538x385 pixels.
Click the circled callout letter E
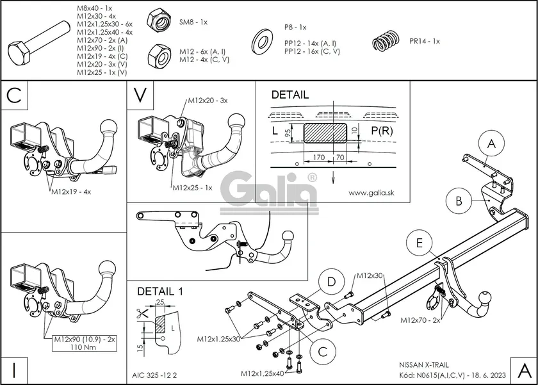click(420, 243)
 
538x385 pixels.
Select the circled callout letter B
click(459, 201)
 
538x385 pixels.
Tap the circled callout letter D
click(331, 282)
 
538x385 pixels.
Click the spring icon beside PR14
click(386, 41)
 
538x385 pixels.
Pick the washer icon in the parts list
click(262, 42)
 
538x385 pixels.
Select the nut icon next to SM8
click(159, 21)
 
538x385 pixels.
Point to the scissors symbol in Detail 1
click(142, 314)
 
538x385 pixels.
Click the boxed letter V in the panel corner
click(140, 95)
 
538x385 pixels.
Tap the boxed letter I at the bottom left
click(14, 371)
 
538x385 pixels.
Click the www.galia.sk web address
click(371, 193)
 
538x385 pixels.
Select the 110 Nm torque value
click(85, 347)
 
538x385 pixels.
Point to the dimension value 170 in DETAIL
click(319, 157)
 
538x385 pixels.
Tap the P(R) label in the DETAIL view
click(382, 131)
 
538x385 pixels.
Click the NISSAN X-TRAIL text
click(424, 365)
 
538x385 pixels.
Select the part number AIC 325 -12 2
click(154, 375)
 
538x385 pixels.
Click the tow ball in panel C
click(108, 128)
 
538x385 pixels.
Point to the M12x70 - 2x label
click(420, 320)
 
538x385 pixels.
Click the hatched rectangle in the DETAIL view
click(325, 133)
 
